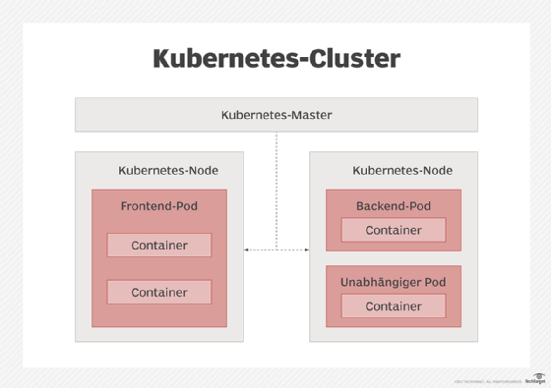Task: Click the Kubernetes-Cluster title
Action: (x=276, y=59)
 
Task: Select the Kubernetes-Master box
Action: (x=276, y=115)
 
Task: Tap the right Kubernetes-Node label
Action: (x=402, y=170)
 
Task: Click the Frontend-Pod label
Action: (x=159, y=206)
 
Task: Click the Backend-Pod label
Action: (x=393, y=206)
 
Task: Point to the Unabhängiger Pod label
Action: (x=393, y=282)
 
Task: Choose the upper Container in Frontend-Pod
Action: (x=159, y=246)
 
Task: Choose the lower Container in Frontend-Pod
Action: (x=159, y=292)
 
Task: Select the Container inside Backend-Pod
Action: (x=394, y=230)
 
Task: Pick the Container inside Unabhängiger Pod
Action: (x=394, y=305)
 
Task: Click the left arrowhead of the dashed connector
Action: (x=246, y=250)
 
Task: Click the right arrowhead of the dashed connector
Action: (x=306, y=250)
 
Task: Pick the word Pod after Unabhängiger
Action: (x=434, y=282)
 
